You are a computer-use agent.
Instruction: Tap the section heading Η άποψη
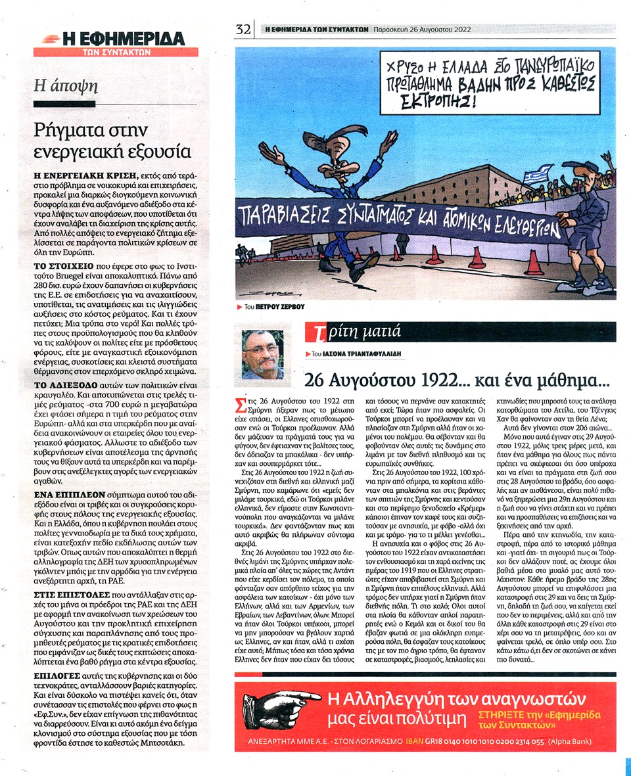(x=66, y=85)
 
